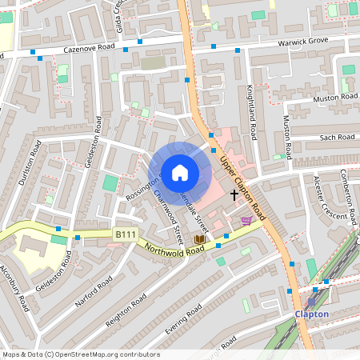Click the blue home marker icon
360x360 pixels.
pyautogui.click(x=180, y=172)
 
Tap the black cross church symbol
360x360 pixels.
pyautogui.click(x=234, y=194)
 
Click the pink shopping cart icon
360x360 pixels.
pyautogui.click(x=246, y=220)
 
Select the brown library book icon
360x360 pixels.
pyautogui.click(x=199, y=238)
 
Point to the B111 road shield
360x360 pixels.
pyautogui.click(x=124, y=234)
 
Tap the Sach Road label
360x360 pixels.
pyautogui.click(x=336, y=138)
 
